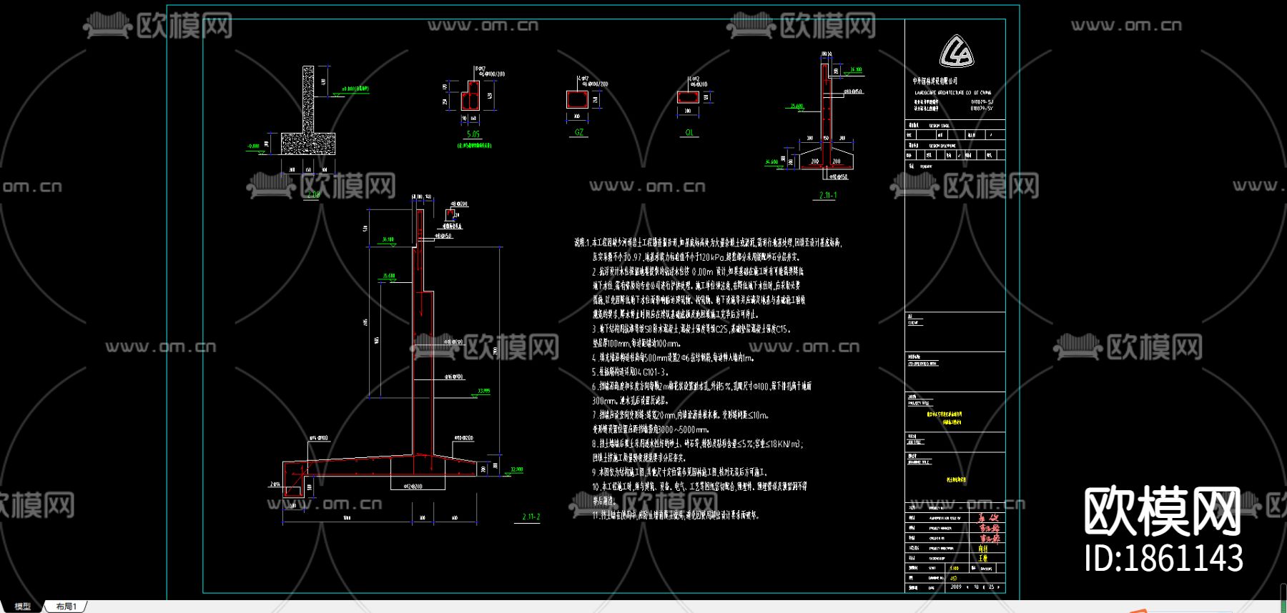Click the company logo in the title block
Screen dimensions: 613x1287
(956, 52)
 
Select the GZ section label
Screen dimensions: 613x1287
(578, 132)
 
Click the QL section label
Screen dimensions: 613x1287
(689, 133)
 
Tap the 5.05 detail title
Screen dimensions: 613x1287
(473, 134)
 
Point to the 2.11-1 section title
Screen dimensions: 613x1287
(828, 195)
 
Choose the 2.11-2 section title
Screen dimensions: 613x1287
(531, 517)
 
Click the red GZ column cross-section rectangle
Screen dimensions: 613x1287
(577, 99)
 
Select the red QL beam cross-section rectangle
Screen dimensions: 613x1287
(688, 97)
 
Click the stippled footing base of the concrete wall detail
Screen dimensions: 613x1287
(307, 144)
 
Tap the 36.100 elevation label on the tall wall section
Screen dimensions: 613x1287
(388, 239)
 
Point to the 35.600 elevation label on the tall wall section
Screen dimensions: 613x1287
(388, 276)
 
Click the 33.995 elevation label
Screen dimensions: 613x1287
(484, 392)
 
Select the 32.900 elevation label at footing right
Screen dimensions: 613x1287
(516, 469)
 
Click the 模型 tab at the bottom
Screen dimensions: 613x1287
(23, 607)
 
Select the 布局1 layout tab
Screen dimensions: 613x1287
(66, 607)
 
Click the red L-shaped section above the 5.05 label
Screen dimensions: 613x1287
(470, 95)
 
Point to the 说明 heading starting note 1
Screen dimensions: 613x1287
(579, 243)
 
